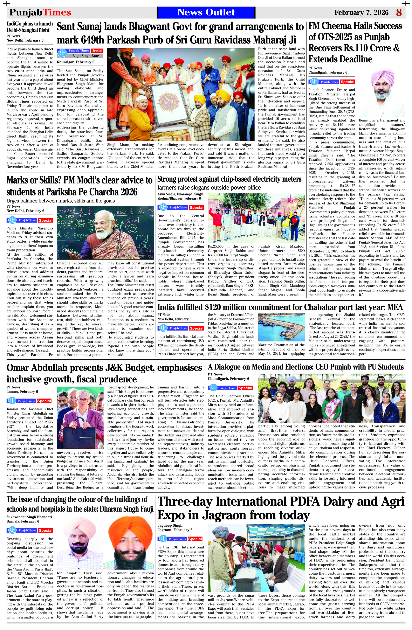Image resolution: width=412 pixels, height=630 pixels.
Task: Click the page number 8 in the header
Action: [399, 12]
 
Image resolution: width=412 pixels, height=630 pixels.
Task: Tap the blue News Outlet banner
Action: [206, 12]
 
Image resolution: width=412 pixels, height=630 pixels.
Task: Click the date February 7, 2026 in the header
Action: [361, 12]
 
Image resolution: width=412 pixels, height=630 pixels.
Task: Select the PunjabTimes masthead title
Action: [40, 12]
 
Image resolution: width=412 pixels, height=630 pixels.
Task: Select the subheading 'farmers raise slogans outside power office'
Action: [209, 188]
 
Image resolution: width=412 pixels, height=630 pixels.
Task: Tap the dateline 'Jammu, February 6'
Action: [22, 392]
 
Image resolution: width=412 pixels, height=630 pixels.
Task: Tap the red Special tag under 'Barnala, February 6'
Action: [45, 530]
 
